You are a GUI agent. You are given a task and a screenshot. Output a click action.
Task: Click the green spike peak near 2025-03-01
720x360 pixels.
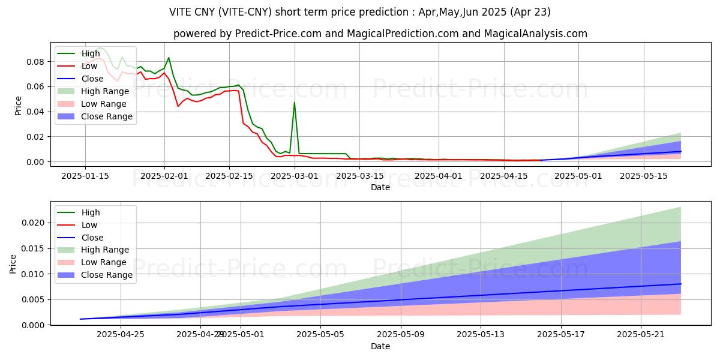click(294, 103)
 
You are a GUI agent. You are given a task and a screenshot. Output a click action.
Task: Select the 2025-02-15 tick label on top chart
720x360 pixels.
click(229, 176)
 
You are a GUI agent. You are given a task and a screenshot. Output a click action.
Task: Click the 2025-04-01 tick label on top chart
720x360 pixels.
click(439, 176)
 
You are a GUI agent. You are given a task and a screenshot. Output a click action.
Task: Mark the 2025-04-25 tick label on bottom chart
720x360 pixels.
click(120, 334)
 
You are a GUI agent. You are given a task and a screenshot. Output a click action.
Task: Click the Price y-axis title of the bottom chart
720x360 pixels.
click(13, 263)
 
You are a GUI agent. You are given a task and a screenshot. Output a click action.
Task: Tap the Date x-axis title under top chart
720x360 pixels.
click(380, 187)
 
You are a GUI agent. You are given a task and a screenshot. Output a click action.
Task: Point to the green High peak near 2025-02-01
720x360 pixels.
click(169, 58)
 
